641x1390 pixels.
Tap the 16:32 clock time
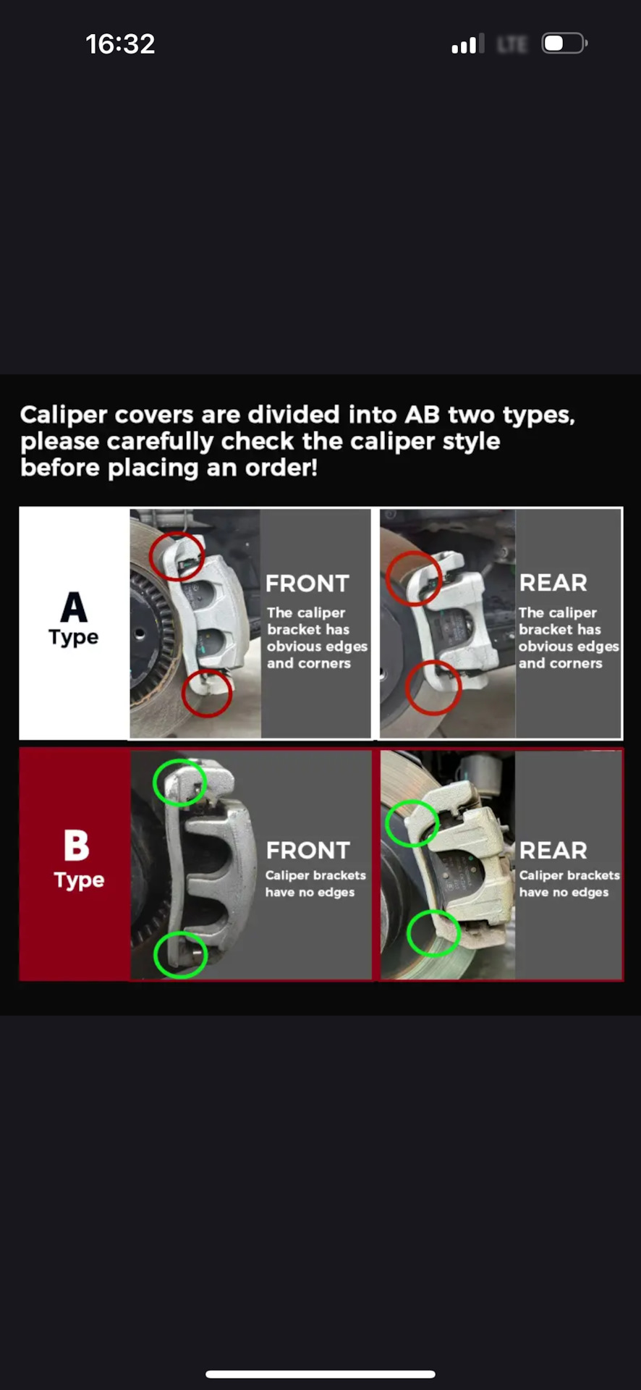120,44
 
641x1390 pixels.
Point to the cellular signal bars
464,44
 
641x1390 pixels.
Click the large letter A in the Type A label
74,607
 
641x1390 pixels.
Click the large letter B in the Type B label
77,845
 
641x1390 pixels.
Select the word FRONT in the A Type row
307,584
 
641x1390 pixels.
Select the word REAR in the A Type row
553,583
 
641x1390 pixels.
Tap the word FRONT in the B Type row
308,850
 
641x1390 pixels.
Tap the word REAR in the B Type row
553,850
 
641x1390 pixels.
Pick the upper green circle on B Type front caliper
155,783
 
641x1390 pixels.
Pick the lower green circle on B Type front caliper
156,955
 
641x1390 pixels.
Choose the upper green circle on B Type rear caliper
387,823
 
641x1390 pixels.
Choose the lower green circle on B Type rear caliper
409,933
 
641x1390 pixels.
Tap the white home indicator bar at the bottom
320,1374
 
